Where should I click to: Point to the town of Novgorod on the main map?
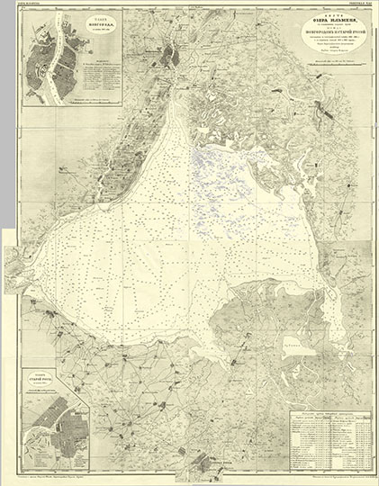[167, 59]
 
